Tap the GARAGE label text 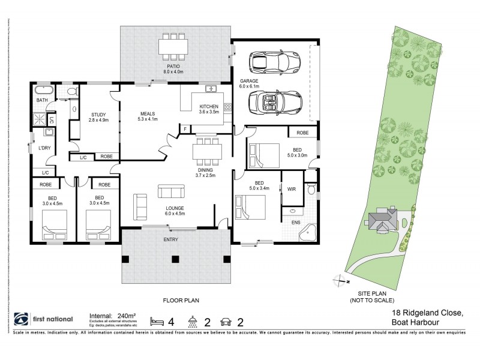tap(249, 80)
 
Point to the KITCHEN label tap(209, 107)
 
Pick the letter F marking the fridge tap(185, 128)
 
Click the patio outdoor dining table tap(174, 46)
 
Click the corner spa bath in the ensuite tap(311, 231)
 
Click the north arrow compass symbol tap(340, 280)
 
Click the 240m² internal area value tap(125, 313)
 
